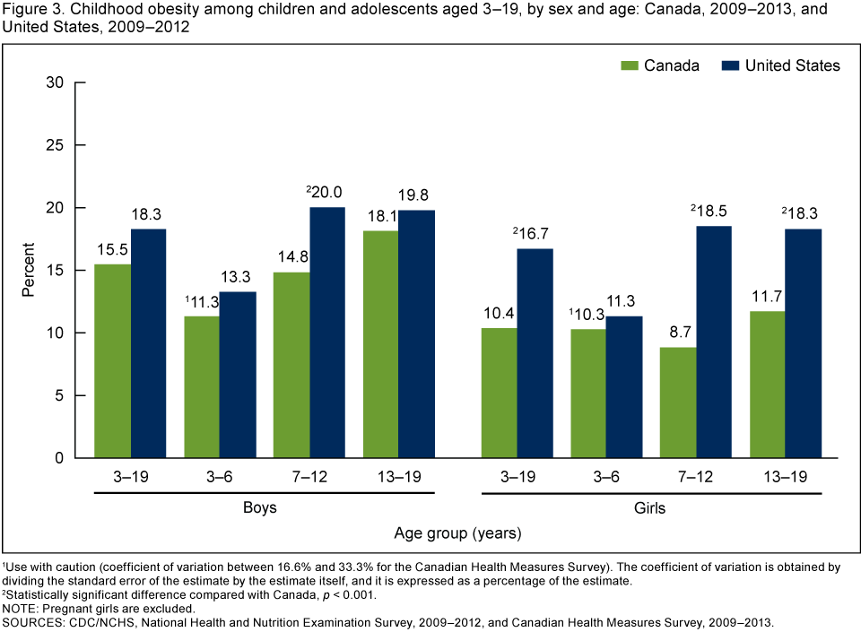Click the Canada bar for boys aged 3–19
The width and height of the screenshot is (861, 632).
click(x=113, y=361)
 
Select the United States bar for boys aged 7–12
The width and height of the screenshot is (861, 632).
click(x=327, y=333)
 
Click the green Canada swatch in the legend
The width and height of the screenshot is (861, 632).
click(x=628, y=65)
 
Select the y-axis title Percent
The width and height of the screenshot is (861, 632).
click(x=29, y=270)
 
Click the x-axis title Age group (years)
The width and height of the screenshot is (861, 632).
click(x=457, y=532)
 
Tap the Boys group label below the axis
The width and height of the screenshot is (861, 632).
click(x=259, y=507)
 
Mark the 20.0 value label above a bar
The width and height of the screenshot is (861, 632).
click(x=327, y=191)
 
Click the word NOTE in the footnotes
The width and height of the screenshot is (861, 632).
click(x=21, y=608)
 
